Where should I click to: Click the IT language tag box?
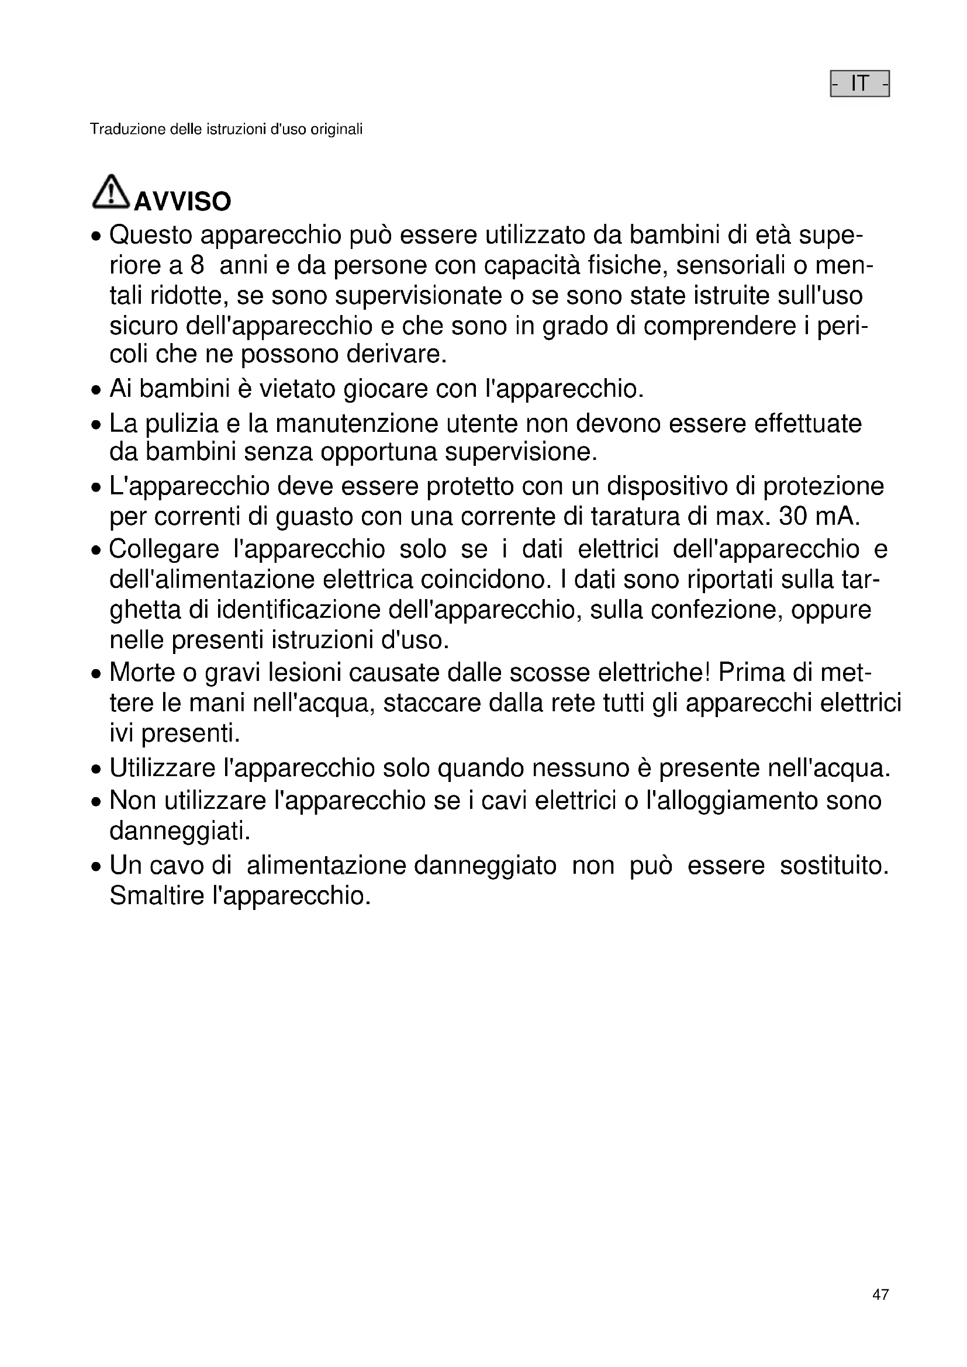(859, 84)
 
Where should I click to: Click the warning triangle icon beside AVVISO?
(110, 192)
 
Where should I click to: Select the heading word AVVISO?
(182, 202)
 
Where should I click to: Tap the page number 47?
(880, 1295)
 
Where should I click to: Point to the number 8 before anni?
(197, 265)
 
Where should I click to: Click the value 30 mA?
(819, 516)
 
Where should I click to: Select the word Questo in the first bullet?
(151, 236)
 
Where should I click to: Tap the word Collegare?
(164, 549)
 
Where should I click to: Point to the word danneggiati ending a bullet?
(178, 831)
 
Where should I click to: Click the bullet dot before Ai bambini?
(96, 390)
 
